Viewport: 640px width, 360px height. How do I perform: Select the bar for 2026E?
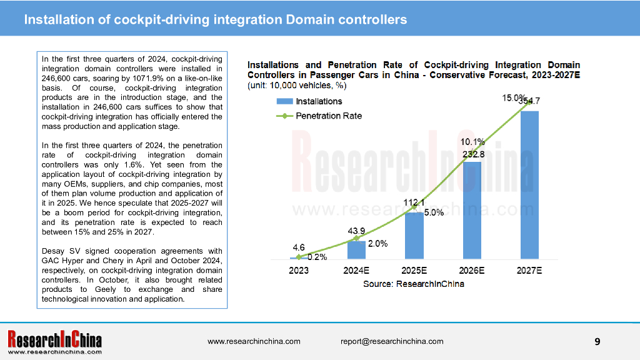(x=472, y=210)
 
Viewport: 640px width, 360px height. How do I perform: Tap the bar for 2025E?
(x=414, y=236)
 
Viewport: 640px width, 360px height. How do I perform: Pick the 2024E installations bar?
(x=356, y=250)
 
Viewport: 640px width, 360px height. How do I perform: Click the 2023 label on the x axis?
(x=299, y=270)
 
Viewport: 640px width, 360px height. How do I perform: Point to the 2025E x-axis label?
(x=414, y=270)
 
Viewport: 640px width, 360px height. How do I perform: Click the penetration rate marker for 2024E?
(x=356, y=238)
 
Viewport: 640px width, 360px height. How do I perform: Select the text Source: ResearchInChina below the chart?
(x=414, y=284)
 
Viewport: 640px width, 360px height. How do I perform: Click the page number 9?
(x=597, y=341)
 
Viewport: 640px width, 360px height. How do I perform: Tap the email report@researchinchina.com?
(x=392, y=341)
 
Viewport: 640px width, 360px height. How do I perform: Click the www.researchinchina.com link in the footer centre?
(x=254, y=341)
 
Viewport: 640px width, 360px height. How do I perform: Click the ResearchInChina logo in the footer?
(x=54, y=342)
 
